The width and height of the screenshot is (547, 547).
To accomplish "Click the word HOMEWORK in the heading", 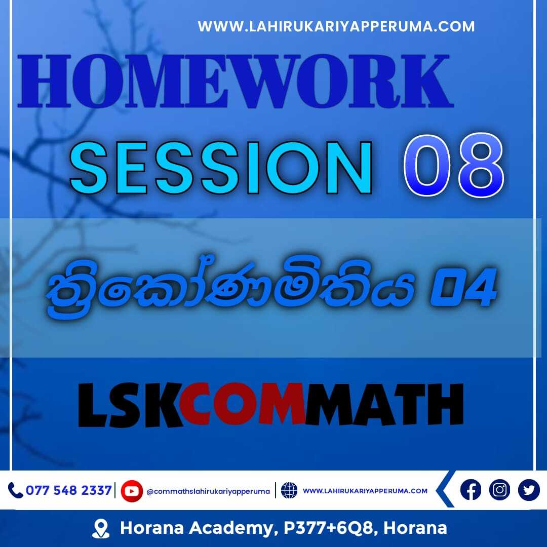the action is (x=236, y=81).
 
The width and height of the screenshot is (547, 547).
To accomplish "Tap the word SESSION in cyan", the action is (x=221, y=168).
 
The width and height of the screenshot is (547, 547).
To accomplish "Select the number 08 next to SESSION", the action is (x=454, y=165).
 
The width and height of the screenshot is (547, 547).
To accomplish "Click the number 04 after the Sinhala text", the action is (x=463, y=287).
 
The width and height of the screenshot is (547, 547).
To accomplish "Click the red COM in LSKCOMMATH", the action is (x=242, y=405).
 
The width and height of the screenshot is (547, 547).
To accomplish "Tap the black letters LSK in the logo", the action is (x=130, y=405).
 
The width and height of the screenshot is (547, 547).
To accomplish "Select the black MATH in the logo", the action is (x=384, y=405).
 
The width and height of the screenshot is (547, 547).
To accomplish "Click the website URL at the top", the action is (x=336, y=26).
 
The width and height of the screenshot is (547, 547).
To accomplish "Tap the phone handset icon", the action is (x=15, y=490).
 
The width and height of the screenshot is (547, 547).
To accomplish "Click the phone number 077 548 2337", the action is (x=69, y=490).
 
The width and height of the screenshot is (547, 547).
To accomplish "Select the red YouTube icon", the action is (x=132, y=491).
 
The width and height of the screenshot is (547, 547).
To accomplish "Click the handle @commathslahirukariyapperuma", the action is (x=208, y=491).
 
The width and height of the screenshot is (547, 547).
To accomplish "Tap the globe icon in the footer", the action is (x=289, y=490).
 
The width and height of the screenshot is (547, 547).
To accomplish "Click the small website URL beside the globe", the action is (x=365, y=491).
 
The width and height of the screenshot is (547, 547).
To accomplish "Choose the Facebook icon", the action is (x=471, y=490).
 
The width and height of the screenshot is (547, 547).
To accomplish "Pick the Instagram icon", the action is (x=499, y=490).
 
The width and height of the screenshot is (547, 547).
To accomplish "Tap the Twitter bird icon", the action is (x=529, y=490).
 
